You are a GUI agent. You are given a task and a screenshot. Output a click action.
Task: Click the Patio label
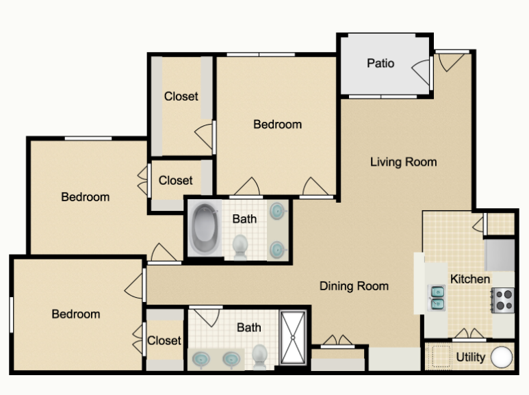(x=380, y=63)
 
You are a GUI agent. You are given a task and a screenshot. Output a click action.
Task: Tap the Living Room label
(x=404, y=162)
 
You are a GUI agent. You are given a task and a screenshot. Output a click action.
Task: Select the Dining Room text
(x=354, y=286)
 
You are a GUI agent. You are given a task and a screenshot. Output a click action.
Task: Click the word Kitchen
(x=470, y=279)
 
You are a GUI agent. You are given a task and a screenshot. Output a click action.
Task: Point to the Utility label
(x=471, y=357)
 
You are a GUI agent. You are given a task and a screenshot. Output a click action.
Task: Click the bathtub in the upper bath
(x=205, y=229)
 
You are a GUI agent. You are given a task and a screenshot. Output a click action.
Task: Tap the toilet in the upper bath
(x=240, y=247)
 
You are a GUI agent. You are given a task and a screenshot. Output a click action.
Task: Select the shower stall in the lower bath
(x=293, y=337)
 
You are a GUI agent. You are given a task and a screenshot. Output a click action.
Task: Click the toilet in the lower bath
(x=260, y=357)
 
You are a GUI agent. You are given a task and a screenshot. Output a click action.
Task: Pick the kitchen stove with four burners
(x=503, y=300)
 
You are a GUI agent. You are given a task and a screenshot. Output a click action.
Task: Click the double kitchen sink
(x=437, y=298)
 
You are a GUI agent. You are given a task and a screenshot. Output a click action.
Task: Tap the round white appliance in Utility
(x=502, y=357)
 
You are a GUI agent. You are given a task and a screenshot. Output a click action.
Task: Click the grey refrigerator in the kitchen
(x=500, y=255)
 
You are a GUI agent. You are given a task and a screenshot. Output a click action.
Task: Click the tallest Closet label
(x=181, y=97)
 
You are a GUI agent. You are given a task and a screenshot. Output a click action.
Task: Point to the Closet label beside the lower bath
(x=164, y=340)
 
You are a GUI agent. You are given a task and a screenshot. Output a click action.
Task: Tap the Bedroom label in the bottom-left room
(x=76, y=314)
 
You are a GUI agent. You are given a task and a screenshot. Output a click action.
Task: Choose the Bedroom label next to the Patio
(x=278, y=124)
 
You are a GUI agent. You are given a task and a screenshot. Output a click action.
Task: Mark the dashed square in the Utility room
(x=441, y=356)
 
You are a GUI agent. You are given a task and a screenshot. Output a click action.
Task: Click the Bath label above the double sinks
(x=249, y=327)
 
